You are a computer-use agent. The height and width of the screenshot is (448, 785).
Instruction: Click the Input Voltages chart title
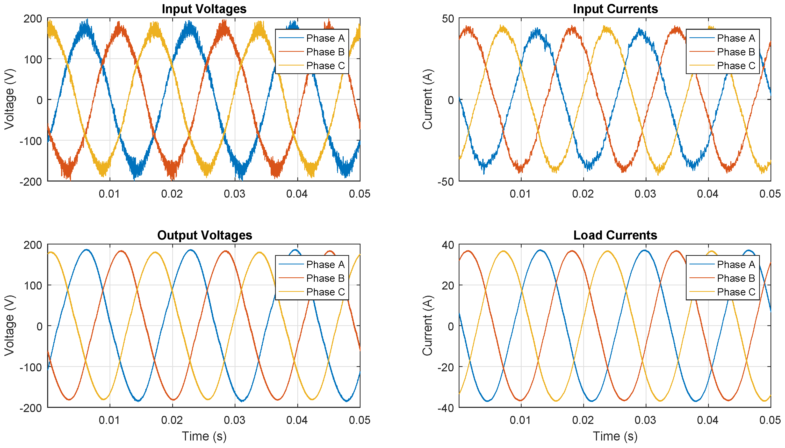click(204, 9)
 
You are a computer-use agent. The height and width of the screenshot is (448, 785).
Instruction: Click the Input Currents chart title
click(615, 9)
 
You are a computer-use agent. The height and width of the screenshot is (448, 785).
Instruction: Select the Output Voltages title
click(204, 235)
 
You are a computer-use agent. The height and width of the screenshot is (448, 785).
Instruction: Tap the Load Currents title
click(615, 235)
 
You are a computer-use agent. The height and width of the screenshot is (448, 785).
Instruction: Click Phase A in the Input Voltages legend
click(325, 38)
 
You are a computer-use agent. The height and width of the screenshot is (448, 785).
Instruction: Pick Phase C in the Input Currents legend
click(736, 66)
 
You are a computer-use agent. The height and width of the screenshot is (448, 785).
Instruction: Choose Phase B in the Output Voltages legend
click(325, 278)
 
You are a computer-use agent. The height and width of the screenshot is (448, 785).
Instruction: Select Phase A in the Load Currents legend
click(736, 264)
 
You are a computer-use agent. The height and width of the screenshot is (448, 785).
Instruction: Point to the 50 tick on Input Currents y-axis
click(448, 18)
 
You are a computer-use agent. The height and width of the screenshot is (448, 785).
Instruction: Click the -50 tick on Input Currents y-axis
click(445, 182)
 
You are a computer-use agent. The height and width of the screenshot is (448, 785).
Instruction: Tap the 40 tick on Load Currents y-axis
click(448, 245)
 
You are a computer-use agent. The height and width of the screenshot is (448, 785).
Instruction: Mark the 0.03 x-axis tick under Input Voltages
click(234, 194)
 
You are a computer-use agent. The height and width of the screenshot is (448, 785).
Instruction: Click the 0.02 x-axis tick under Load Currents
click(583, 420)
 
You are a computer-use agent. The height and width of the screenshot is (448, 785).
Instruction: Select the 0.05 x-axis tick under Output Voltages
click(359, 420)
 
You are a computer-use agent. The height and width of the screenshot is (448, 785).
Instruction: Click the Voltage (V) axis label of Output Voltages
click(9, 326)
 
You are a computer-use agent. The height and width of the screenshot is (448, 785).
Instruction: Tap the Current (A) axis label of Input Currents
click(427, 99)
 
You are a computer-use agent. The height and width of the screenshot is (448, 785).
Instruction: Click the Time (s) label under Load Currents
click(615, 436)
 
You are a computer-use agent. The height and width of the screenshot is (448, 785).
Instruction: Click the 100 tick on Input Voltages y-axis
click(33, 59)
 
